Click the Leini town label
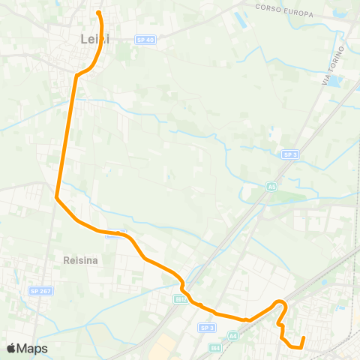click(94, 38)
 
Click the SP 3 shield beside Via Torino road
click(290, 154)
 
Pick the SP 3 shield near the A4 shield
click(207, 328)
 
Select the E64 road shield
click(216, 348)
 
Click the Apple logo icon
click(11, 348)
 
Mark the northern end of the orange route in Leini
click(99, 12)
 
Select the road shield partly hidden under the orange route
click(115, 233)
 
